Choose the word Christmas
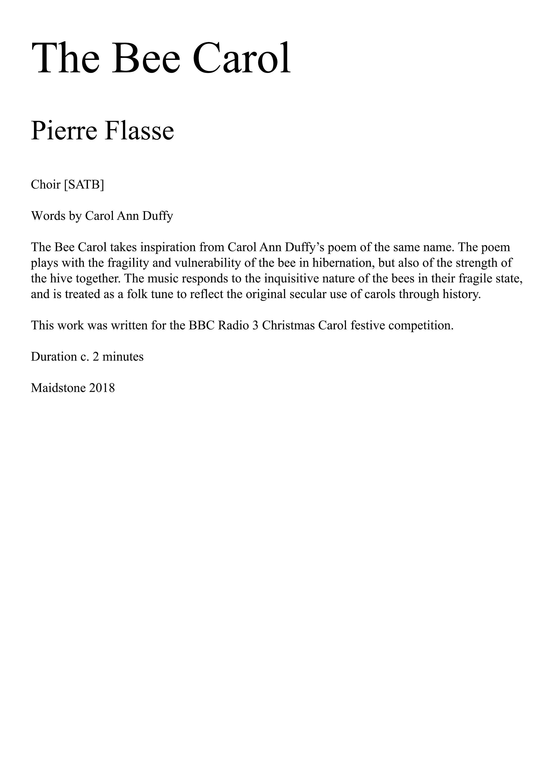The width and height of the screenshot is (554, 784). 288,325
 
